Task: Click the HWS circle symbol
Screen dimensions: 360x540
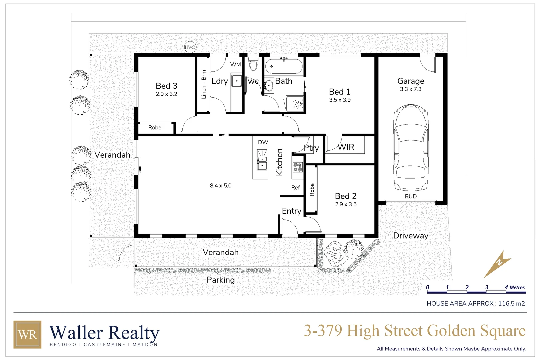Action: (190, 47)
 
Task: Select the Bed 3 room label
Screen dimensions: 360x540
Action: (166, 86)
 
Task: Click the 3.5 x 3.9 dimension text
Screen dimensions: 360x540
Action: (340, 100)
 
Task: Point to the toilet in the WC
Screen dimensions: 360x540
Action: (253, 65)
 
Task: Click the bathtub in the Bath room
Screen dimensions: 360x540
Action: (284, 66)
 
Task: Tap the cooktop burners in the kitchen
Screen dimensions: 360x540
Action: (297, 167)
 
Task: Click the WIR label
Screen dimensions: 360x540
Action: (346, 147)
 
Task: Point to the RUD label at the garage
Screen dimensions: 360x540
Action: (411, 197)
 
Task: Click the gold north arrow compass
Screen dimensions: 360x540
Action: (497, 264)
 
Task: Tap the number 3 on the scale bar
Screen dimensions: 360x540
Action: (487, 287)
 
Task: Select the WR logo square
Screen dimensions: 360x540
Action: (27, 334)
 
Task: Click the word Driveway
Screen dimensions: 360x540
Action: (411, 236)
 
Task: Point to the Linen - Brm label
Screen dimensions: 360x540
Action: (204, 84)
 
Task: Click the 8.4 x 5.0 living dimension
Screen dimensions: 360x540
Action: (221, 186)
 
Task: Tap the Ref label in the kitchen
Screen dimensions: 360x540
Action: (296, 188)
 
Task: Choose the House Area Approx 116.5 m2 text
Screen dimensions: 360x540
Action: (476, 304)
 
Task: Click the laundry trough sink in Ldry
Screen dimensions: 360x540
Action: (236, 81)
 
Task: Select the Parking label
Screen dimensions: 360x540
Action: (221, 280)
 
